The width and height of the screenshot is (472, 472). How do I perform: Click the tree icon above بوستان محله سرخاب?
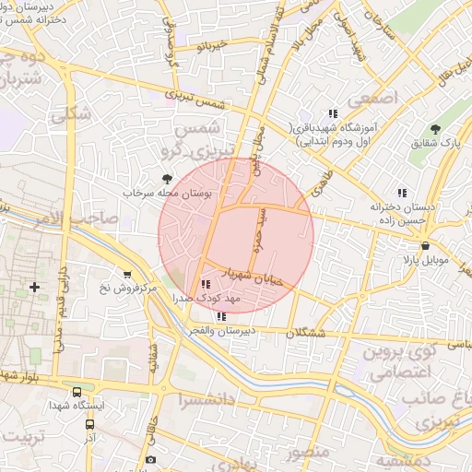point(167,179)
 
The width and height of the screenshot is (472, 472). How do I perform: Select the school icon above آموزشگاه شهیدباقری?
point(333,113)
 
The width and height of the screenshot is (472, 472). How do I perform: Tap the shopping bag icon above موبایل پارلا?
point(425,246)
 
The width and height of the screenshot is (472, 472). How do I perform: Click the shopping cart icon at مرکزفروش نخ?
point(126,274)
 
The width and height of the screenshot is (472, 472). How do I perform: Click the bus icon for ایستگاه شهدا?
point(77,391)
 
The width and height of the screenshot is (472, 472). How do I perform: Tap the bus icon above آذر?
point(90,425)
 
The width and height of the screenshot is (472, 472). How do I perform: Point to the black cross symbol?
point(35,287)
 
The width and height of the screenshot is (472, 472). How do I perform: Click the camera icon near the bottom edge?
point(150,459)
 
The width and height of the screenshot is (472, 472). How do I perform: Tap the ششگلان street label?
point(305,335)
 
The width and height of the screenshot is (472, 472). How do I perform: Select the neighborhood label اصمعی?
point(373,96)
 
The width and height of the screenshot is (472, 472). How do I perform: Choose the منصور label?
point(305,453)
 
